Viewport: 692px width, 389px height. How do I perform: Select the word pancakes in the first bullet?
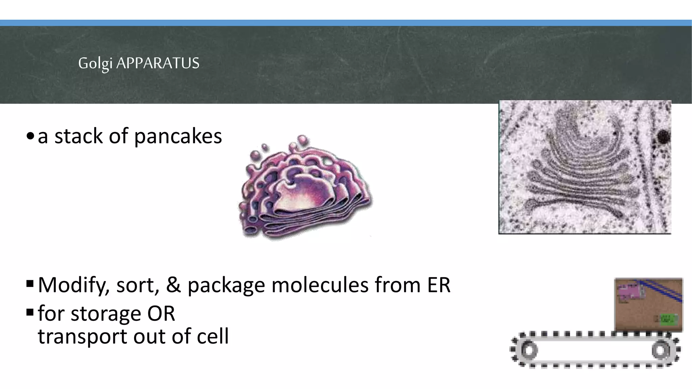click(178, 136)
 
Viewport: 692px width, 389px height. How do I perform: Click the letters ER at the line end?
click(439, 285)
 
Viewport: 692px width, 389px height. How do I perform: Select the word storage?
click(106, 314)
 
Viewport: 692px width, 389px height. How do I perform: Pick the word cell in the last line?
click(213, 336)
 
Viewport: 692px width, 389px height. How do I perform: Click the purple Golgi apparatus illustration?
click(304, 189)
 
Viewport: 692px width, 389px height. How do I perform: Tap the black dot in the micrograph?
click(664, 137)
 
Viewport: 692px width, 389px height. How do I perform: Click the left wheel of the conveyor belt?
click(528, 350)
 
